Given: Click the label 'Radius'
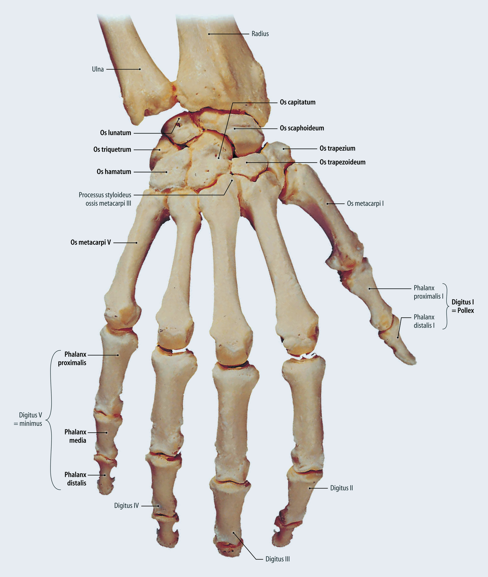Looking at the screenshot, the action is coord(260,34).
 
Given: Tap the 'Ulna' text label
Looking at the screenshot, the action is coord(98,69).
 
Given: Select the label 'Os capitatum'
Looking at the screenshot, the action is coord(297,102).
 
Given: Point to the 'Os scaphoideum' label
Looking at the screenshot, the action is coord(302,128).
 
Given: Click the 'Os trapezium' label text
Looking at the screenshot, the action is coord(337,149).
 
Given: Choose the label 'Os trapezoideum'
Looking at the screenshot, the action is coord(342,162).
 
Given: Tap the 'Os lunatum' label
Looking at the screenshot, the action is coord(115,133).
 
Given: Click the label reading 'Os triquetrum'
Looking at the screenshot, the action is coord(112,149).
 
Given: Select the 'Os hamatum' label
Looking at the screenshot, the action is coord(114,172).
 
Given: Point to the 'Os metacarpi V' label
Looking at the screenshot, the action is coord(91,243).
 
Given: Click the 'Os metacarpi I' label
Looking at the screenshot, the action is coord(365,203).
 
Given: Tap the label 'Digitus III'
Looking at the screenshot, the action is coord(278,559).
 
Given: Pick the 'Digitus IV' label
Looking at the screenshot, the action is coord(126,505).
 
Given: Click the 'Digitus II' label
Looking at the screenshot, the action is coord(341,488).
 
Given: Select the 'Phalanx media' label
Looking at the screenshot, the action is coord(75,436).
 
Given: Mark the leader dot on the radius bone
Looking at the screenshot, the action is coord(209,34).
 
